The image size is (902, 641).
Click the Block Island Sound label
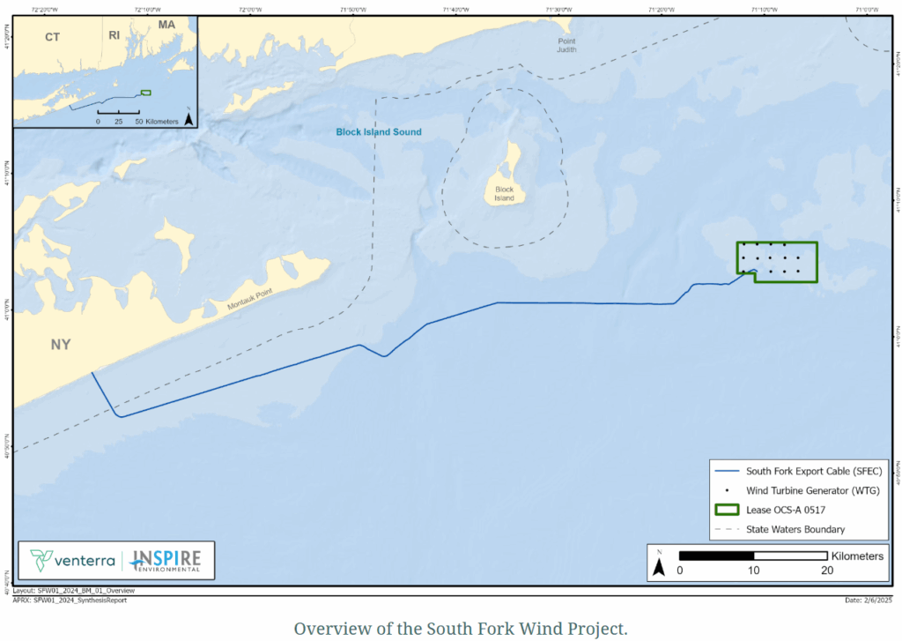(379, 132)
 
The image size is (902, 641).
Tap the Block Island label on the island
(505, 194)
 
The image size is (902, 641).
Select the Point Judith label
(566, 45)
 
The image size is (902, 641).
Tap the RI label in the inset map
(114, 35)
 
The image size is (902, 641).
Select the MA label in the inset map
(166, 24)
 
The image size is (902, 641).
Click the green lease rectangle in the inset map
(146, 92)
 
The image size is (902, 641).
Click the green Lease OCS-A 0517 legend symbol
(727, 510)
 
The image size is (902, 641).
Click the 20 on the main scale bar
(827, 570)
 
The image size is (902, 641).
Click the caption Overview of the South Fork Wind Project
(460, 629)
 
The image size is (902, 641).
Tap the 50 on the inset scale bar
(138, 121)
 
